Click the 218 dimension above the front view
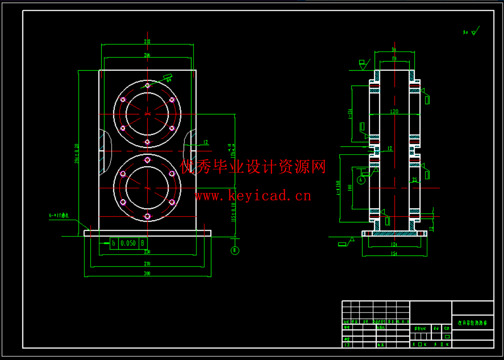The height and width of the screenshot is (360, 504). click(147, 41)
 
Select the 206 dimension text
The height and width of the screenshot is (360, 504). click(147, 55)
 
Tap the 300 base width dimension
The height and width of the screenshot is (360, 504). click(147, 274)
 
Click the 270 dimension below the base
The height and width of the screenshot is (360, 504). click(147, 263)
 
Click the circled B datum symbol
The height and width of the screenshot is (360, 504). click(235, 250)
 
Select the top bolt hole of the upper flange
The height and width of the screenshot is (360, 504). click(147, 86)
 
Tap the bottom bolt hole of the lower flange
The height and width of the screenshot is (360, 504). click(147, 216)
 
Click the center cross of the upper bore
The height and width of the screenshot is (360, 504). click(147, 114)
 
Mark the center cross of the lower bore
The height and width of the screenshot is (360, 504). click(147, 188)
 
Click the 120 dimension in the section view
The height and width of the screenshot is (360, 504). click(394, 112)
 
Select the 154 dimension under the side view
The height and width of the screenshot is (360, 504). click(394, 254)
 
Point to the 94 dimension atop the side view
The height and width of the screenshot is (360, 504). click(394, 49)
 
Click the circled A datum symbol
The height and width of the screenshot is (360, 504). click(362, 180)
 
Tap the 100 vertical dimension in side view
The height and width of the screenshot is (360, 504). click(349, 188)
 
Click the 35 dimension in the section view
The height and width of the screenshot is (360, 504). click(415, 179)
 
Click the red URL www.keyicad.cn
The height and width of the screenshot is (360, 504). click(253, 195)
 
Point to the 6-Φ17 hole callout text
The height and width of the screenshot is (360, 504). click(61, 215)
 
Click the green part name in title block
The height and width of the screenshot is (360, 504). click(472, 322)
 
